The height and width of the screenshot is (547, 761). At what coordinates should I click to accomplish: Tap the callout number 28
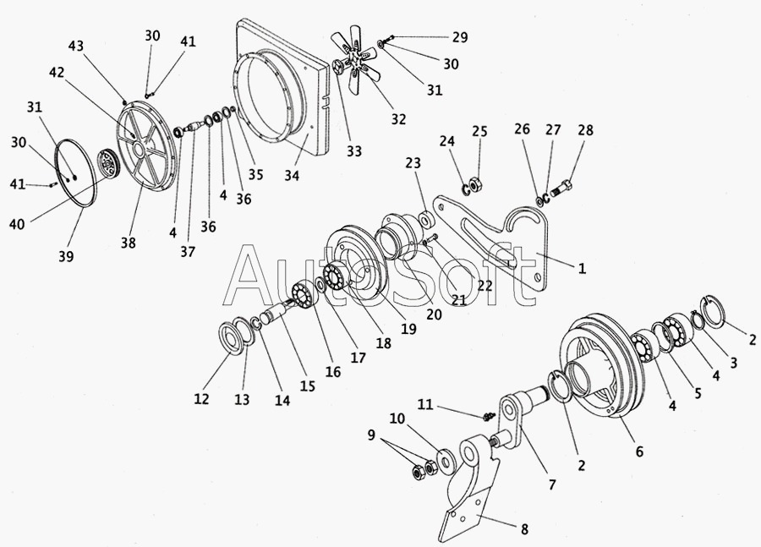[585, 131]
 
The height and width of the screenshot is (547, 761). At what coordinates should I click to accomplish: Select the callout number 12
[201, 399]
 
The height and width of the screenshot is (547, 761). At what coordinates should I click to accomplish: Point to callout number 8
[524, 531]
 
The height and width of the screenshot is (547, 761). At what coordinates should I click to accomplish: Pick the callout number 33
[353, 151]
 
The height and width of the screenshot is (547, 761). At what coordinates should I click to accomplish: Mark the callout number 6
[639, 452]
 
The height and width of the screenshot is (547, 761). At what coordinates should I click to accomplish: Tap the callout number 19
[408, 330]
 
